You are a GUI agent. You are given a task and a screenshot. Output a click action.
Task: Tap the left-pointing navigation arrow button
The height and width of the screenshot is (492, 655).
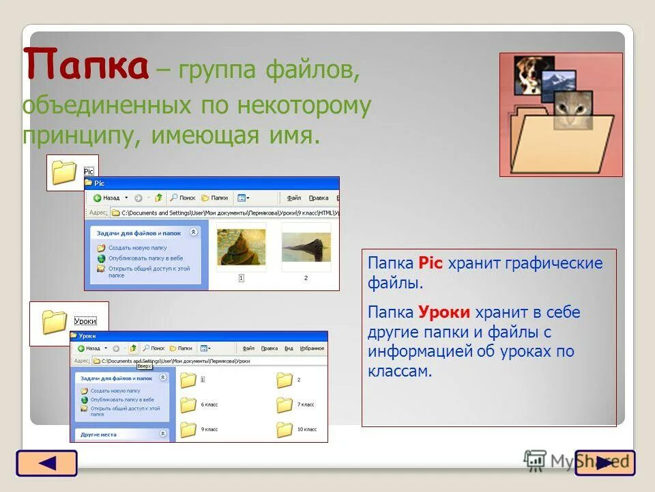click(46, 463)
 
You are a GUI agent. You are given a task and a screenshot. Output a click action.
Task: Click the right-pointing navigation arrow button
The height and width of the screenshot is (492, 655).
click(605, 463)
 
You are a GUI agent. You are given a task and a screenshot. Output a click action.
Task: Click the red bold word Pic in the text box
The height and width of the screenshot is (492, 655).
click(431, 263)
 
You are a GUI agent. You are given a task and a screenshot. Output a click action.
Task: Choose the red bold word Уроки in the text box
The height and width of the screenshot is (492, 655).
click(445, 312)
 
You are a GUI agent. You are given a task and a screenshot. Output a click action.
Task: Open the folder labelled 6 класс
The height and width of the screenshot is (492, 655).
click(189, 405)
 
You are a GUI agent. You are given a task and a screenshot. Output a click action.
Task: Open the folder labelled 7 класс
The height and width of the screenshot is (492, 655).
click(285, 405)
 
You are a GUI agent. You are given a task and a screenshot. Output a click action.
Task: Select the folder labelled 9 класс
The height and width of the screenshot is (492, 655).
click(189, 429)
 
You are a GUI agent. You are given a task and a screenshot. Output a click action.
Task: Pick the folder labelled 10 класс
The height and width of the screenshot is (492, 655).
click(285, 429)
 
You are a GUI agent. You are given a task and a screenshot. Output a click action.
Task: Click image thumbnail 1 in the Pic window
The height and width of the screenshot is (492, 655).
click(241, 248)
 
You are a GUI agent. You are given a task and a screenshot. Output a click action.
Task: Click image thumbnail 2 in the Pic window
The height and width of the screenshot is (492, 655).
click(306, 248)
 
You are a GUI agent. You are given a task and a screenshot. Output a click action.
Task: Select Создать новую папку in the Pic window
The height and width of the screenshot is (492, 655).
click(136, 248)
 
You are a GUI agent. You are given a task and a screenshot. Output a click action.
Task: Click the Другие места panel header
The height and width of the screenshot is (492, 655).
click(99, 434)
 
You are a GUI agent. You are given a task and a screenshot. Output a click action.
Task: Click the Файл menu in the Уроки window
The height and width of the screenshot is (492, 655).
click(248, 348)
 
